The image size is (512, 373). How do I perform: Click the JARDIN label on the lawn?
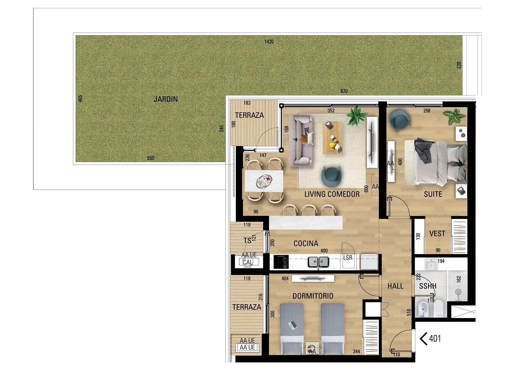pos(166,99)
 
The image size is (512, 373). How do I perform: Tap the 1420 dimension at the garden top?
pos(269,42)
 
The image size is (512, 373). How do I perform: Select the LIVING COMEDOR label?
pos(332,194)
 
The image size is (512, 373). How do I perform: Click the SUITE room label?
pos(433,194)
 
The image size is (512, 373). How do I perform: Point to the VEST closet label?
pos(437,234)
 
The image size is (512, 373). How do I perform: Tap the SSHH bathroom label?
pos(428,286)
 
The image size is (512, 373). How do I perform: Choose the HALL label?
pos(395,286)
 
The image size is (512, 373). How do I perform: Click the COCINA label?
pos(306,244)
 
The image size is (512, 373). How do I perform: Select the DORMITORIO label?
pos(313,296)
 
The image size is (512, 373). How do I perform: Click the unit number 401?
pos(435,339)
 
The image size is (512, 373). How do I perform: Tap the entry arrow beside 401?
pos(423,339)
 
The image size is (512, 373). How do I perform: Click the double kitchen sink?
pos(318,262)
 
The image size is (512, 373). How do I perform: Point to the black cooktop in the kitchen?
pos(281,262)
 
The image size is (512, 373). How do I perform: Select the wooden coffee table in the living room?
pos(332,138)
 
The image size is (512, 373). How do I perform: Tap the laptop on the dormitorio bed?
pos(293,325)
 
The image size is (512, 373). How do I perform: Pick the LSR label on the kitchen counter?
pos(348,258)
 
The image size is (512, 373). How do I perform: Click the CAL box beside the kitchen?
pos(248,262)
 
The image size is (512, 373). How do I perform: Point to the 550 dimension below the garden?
pos(151,158)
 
